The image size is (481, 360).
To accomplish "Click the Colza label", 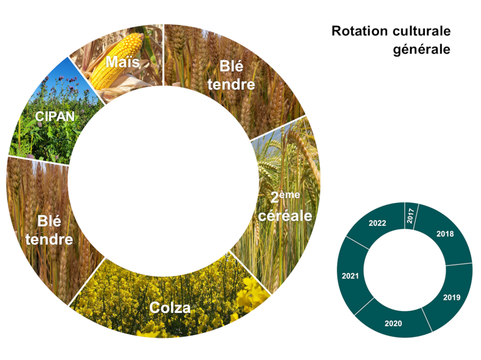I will point(170,308).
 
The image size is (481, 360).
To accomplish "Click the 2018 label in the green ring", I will point(445,233).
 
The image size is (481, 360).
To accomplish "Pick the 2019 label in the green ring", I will point(452,298).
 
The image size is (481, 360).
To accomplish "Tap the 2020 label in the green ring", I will point(393,323).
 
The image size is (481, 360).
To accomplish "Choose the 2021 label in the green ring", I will point(350,276).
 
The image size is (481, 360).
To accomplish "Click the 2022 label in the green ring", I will point(377,223).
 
